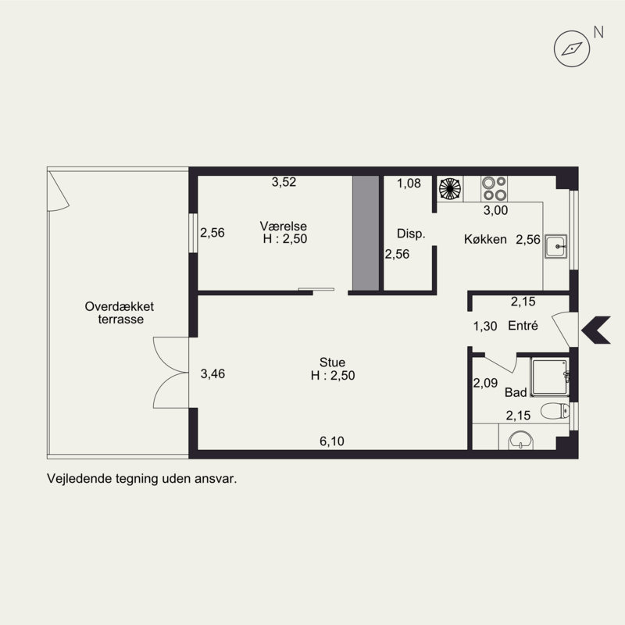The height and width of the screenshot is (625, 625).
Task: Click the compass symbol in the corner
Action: [572, 48]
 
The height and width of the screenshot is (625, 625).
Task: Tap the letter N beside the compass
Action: [598, 32]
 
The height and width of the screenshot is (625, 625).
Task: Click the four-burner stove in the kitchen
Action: [494, 188]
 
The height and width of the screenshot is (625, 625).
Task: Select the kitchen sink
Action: [556, 246]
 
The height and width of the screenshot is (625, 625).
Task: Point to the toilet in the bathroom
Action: [555, 411]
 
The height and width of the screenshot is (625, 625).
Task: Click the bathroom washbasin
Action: [520, 440]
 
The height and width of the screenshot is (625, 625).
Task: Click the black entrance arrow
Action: [596, 330]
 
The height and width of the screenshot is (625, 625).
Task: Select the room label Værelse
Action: [284, 226]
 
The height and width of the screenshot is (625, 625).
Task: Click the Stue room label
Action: [332, 362]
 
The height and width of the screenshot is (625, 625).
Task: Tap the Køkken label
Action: [485, 239]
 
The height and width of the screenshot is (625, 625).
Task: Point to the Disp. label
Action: [411, 234]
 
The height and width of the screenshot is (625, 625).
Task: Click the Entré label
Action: [523, 326]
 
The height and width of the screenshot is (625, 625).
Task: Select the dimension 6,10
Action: [332, 441]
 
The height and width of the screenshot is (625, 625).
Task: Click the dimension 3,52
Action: [284, 182]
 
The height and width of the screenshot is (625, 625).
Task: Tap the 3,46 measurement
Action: [212, 374]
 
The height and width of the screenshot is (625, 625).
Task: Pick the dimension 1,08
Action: [409, 184]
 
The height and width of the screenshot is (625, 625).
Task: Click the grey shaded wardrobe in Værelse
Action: [366, 233]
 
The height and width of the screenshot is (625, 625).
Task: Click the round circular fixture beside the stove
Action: [450, 188]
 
